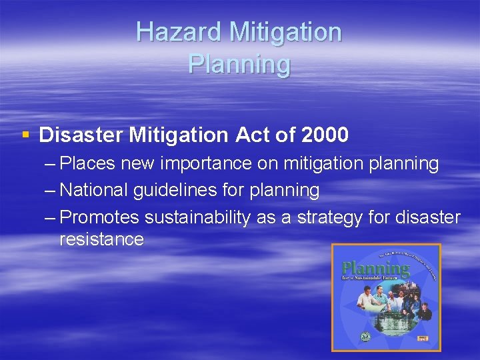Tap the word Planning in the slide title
pyautogui.click(x=239, y=64)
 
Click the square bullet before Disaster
pyautogui.click(x=25, y=135)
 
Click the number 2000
pyautogui.click(x=325, y=135)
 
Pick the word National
pyautogui.click(x=94, y=190)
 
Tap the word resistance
pyautogui.click(x=101, y=239)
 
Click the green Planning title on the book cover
pyautogui.click(x=375, y=269)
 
